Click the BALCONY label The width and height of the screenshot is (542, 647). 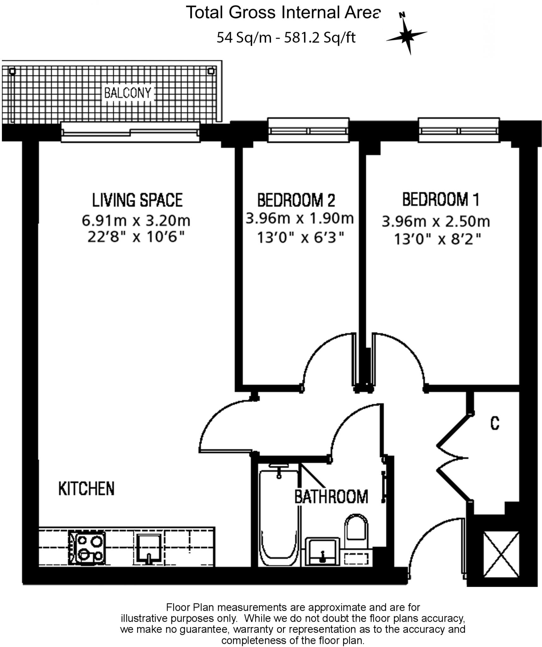(x=128, y=93)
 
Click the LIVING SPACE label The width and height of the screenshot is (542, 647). (x=137, y=200)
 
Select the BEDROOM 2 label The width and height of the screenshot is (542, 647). (x=296, y=200)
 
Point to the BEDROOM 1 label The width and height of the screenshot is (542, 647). (x=441, y=199)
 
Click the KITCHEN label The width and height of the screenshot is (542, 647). (x=86, y=488)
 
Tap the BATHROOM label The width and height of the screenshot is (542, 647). (x=331, y=497)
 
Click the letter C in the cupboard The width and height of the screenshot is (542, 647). (x=495, y=423)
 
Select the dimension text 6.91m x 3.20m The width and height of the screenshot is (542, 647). (x=136, y=221)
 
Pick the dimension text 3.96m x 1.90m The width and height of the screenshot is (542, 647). (x=299, y=218)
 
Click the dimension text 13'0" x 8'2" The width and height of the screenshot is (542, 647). (x=437, y=239)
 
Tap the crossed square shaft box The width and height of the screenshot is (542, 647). (x=502, y=554)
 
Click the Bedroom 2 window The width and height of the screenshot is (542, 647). (x=308, y=130)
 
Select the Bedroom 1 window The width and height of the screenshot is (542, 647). (x=459, y=130)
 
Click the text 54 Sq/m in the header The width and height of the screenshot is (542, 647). (x=244, y=38)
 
